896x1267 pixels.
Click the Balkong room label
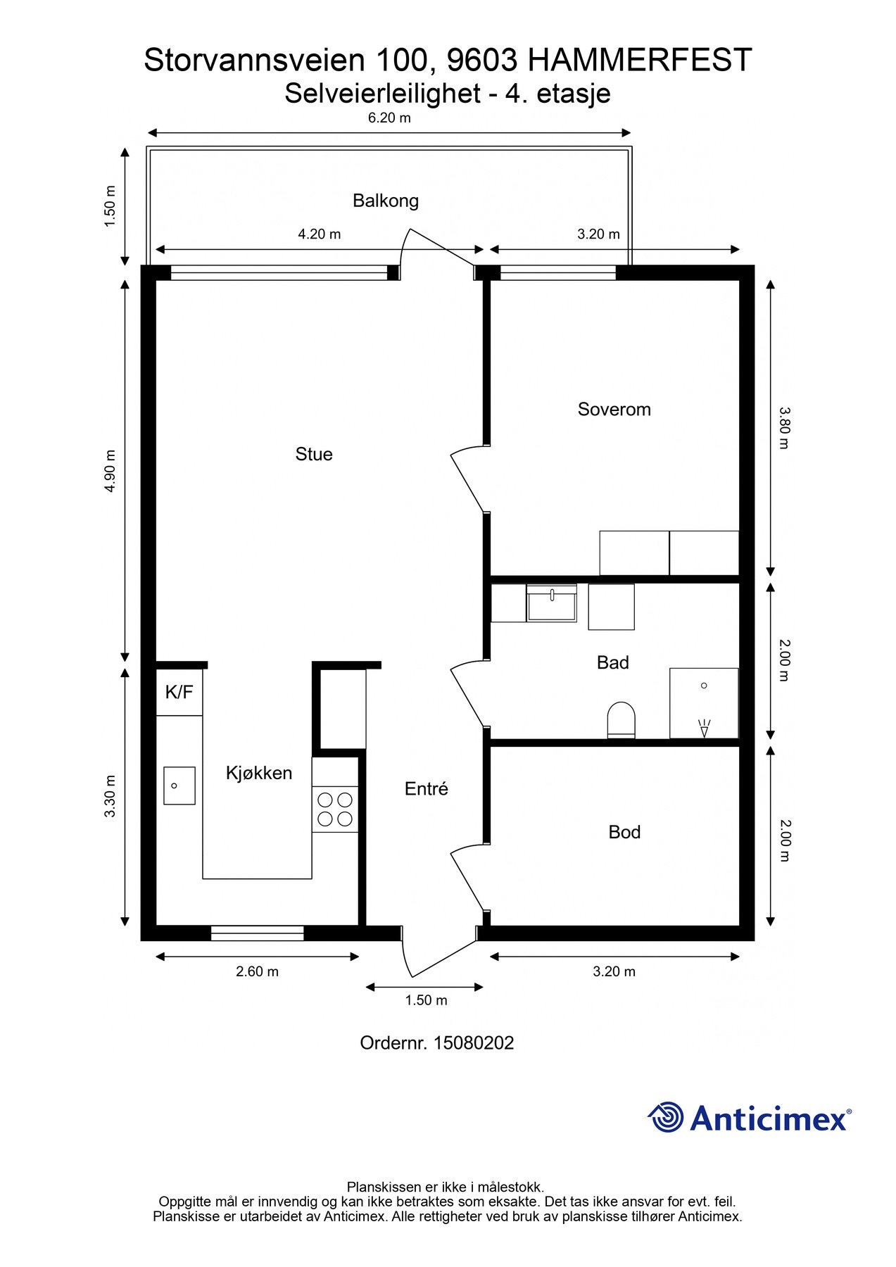(386, 201)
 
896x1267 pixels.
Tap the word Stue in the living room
(314, 455)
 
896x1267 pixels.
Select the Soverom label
(614, 410)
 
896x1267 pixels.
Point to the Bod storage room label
(624, 833)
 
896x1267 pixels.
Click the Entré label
(426, 789)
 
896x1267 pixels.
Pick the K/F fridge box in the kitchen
(179, 692)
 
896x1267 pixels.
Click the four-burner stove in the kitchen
(335, 809)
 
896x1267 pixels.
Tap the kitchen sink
(179, 786)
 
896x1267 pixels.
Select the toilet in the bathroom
(621, 720)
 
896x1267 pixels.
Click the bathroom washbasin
(552, 603)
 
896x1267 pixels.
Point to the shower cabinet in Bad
(704, 703)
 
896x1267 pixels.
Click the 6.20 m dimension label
(389, 118)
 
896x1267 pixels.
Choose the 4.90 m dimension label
(110, 471)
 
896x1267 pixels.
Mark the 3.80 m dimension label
(785, 427)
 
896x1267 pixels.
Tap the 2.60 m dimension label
(257, 971)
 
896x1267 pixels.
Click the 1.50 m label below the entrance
(426, 1000)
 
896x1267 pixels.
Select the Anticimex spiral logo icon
(666, 1117)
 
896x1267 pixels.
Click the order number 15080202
(474, 1042)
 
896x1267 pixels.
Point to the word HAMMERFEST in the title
(640, 61)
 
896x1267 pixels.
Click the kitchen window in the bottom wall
(258, 933)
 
